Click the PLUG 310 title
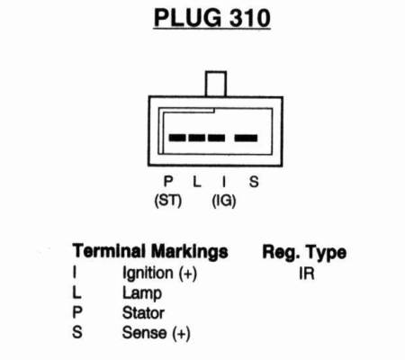211,18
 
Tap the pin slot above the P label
177,138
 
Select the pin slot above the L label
197,138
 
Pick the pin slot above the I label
217,138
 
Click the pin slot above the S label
246,138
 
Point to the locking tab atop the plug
216,84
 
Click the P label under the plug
168,181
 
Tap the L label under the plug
196,181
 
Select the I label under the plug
224,181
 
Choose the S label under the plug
254,182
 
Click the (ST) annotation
168,201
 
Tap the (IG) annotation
224,201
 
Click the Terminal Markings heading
150,251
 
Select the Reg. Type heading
304,252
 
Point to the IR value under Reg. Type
307,274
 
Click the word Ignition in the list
148,274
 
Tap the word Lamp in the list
142,293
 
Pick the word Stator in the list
143,313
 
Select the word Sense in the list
144,333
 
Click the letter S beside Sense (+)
77,332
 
